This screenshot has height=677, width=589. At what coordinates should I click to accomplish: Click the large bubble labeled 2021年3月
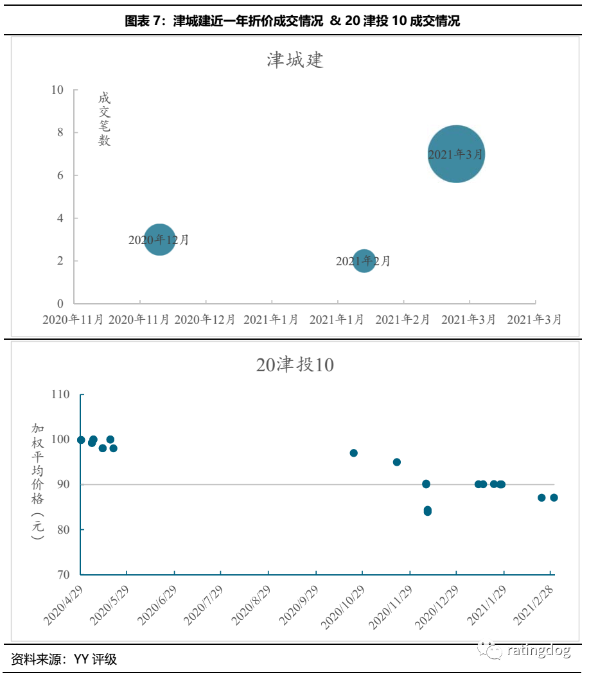tap(456, 154)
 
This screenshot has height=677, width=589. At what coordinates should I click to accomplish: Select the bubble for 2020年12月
tap(159, 240)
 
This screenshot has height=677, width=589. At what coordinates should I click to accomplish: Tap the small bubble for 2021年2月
tap(364, 261)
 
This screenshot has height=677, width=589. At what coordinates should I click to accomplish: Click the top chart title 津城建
tap(295, 60)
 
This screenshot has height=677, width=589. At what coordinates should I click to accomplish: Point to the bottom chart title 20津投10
tap(295, 365)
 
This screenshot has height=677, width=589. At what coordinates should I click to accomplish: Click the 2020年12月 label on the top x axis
tap(206, 319)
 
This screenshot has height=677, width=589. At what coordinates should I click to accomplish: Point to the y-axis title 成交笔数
tap(104, 119)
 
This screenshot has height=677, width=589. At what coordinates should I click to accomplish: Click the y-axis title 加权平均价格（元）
tap(38, 480)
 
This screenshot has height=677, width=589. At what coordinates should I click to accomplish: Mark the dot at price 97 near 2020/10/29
tap(353, 453)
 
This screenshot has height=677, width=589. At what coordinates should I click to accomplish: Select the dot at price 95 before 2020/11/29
tap(397, 462)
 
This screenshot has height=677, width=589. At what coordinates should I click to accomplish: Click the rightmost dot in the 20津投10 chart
tap(554, 497)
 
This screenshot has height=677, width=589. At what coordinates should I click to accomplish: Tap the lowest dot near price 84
tap(427, 511)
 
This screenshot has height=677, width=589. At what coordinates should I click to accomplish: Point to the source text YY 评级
tap(96, 659)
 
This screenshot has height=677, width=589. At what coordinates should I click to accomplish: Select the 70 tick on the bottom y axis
tap(63, 575)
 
